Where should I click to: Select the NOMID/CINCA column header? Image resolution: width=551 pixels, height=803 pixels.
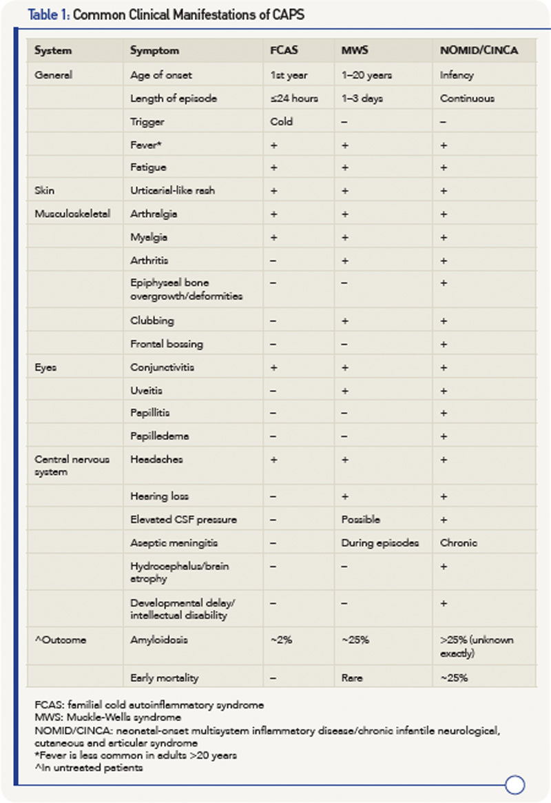(x=476, y=50)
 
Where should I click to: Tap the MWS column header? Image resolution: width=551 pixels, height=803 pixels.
(x=355, y=50)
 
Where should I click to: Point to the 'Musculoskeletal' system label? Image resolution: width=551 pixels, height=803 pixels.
(x=72, y=214)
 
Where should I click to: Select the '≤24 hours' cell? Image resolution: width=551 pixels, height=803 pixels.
(x=295, y=98)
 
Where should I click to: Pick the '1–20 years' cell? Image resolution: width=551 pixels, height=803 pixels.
(x=366, y=74)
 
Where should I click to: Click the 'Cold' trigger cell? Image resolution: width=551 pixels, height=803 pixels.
(x=282, y=121)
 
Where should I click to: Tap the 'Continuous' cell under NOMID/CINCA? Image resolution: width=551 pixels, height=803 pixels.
(x=467, y=98)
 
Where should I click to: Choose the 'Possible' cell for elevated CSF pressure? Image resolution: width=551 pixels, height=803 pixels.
(x=360, y=519)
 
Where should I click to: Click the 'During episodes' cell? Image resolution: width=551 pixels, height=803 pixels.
(x=380, y=542)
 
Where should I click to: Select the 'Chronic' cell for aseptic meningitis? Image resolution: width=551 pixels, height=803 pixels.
(x=459, y=542)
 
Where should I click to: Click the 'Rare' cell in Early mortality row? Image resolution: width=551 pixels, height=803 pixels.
(x=353, y=678)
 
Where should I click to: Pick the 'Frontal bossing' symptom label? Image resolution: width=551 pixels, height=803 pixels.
(x=167, y=343)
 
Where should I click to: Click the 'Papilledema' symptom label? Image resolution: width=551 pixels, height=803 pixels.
(x=160, y=436)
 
